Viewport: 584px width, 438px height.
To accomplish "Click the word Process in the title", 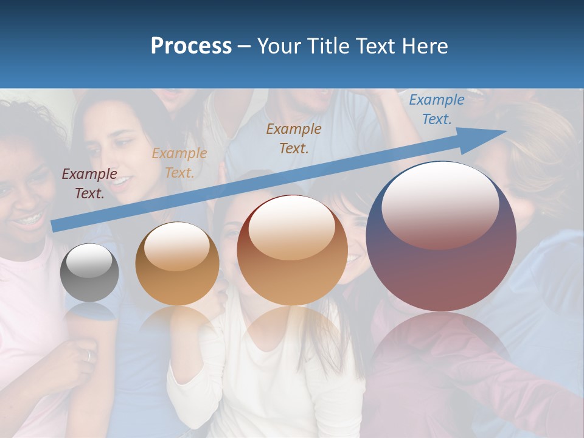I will tap(191, 46).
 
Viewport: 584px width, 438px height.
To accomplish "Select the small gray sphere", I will tap(89, 273).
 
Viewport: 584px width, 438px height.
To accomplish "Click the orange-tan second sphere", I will tap(177, 264).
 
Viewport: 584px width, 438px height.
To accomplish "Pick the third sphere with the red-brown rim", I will tap(292, 251).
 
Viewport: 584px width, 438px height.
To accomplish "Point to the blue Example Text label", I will tap(436, 109).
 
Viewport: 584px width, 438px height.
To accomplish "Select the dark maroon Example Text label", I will tap(89, 184).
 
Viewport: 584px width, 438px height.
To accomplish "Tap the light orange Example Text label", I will tap(179, 163).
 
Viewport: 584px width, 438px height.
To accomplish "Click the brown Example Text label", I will tap(294, 138).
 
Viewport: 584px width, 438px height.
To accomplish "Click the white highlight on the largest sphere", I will tap(440, 204).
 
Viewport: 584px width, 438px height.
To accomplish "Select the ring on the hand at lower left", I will tap(89, 355).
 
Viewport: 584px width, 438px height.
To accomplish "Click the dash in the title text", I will tap(245, 47).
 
